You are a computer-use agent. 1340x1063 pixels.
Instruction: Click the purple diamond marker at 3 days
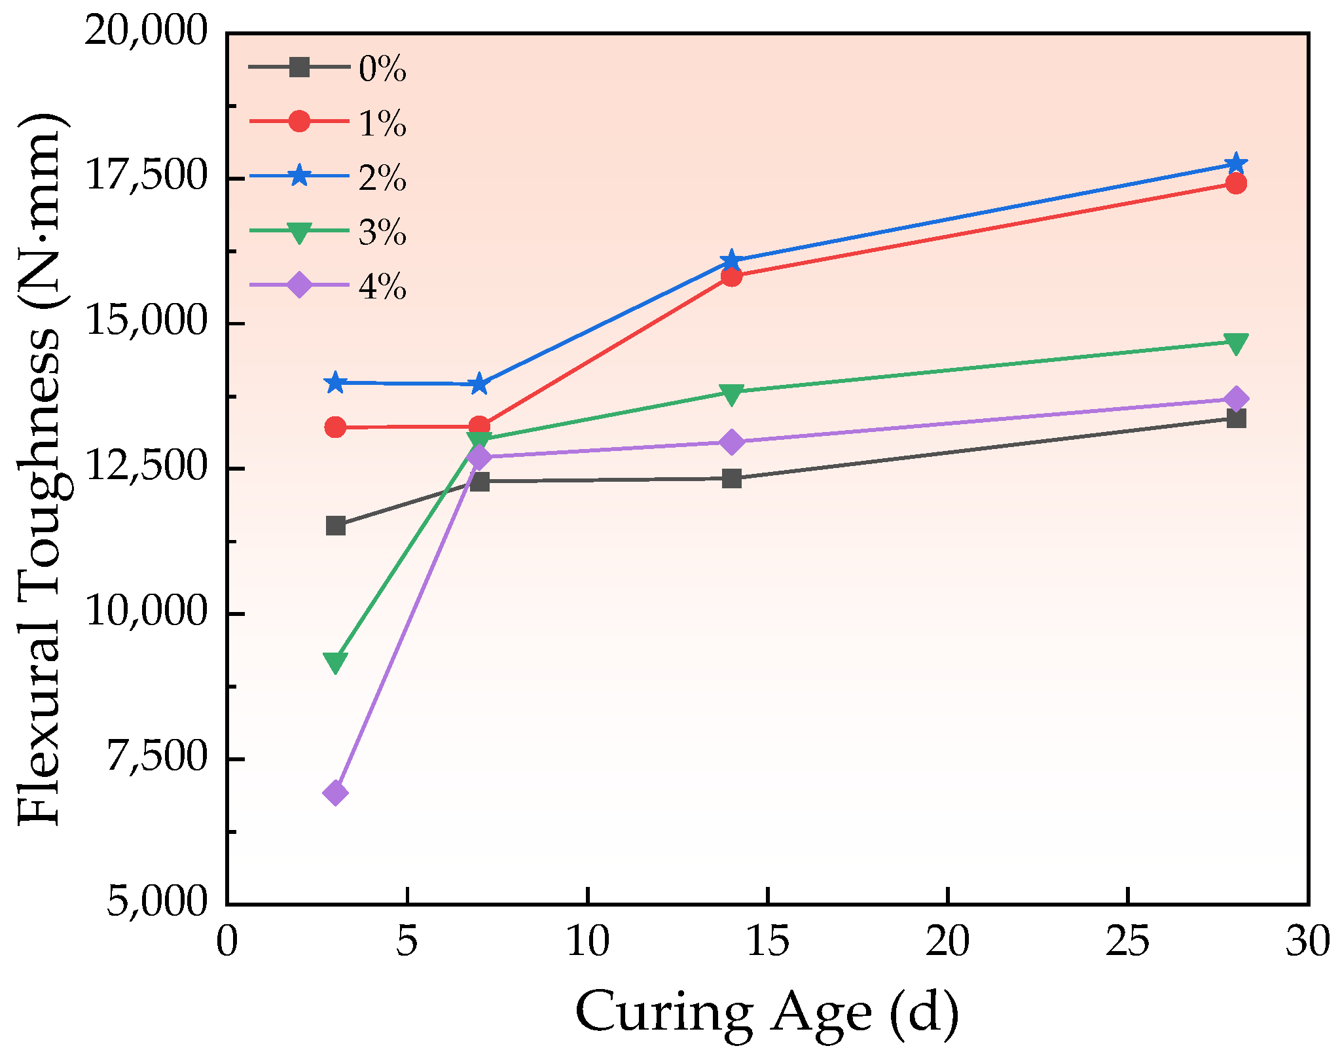(x=335, y=793)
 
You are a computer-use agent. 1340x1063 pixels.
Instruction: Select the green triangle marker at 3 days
(x=335, y=662)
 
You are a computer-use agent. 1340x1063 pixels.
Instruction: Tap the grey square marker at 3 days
(x=335, y=526)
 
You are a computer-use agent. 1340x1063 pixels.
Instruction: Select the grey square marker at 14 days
(x=731, y=478)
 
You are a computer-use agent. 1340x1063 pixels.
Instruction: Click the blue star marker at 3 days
(x=335, y=382)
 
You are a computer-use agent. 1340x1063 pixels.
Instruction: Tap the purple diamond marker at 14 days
(x=731, y=442)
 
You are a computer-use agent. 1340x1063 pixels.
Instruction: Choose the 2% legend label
(x=382, y=177)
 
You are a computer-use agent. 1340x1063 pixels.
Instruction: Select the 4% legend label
(x=382, y=287)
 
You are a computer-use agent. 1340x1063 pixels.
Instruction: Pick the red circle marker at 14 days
(x=731, y=276)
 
